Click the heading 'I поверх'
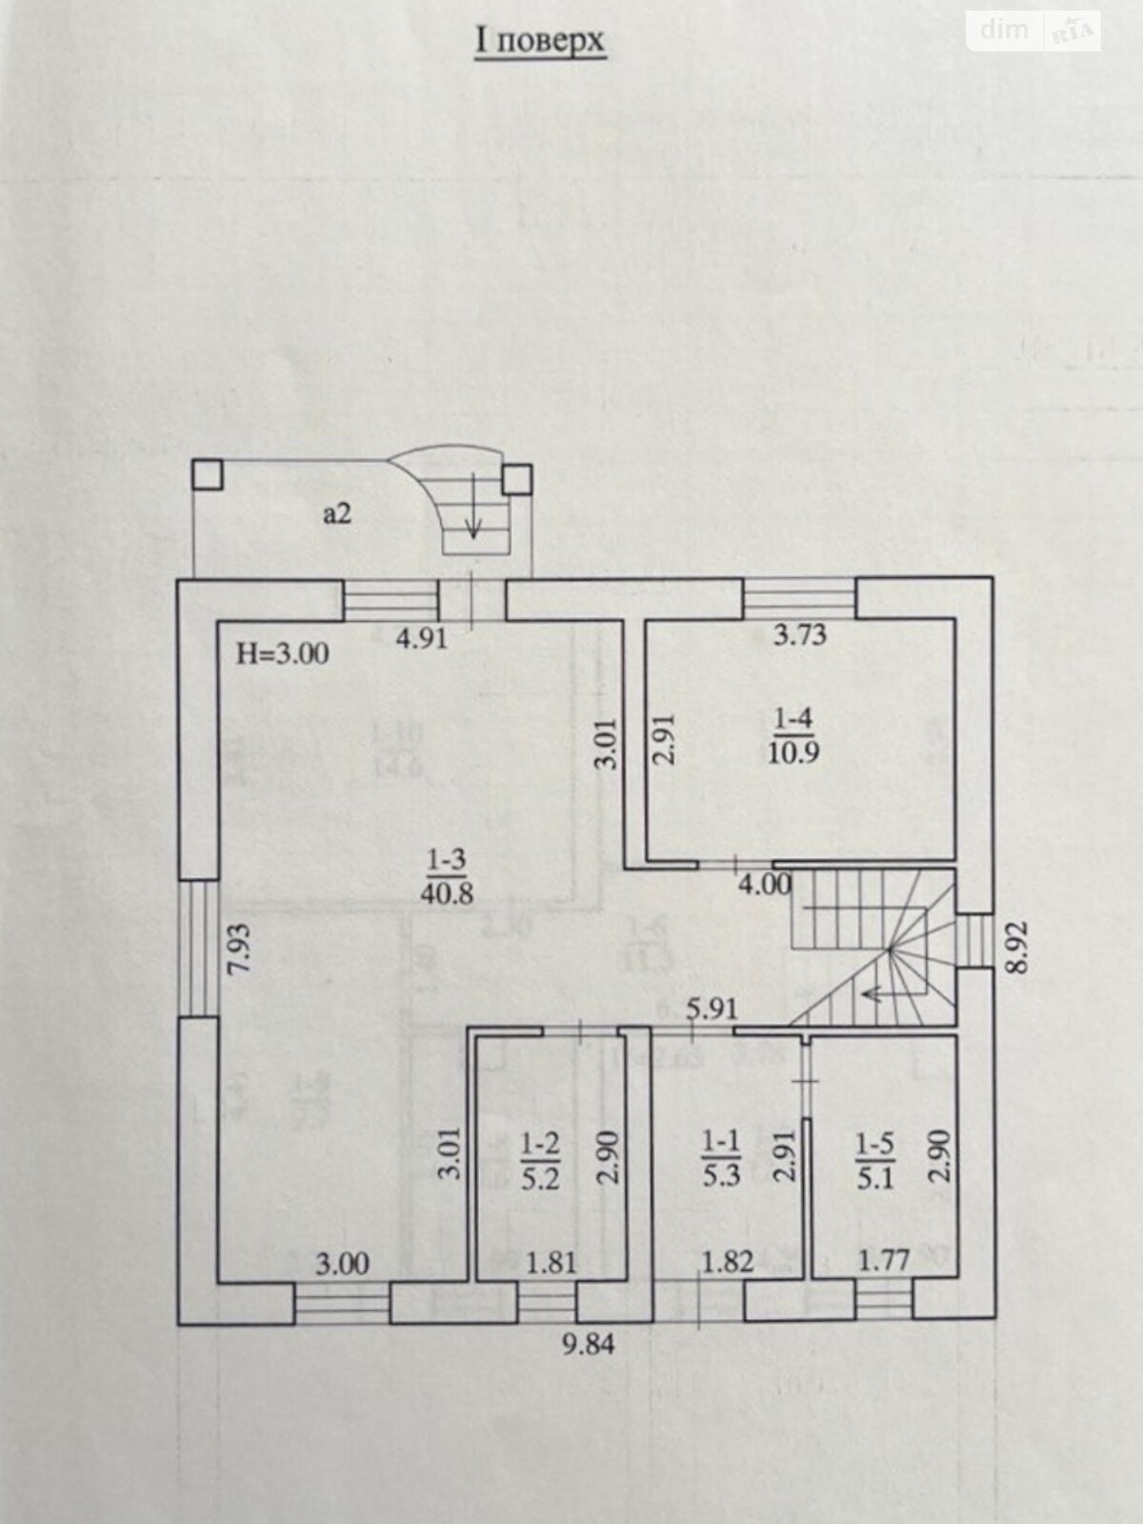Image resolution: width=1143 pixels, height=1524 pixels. coord(539,43)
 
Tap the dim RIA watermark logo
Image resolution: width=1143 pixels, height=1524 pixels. coord(1033,30)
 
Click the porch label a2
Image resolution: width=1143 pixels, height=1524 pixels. coord(337,514)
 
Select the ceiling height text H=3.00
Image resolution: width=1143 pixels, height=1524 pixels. coord(282,653)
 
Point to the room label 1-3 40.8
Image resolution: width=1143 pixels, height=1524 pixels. coord(446,877)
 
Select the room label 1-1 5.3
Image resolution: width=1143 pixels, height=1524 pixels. coord(721,1158)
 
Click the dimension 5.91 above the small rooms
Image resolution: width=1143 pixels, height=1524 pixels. coord(712,1009)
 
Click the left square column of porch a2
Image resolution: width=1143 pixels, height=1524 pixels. coord(207,474)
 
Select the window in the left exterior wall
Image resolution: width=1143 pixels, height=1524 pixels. coord(199,948)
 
